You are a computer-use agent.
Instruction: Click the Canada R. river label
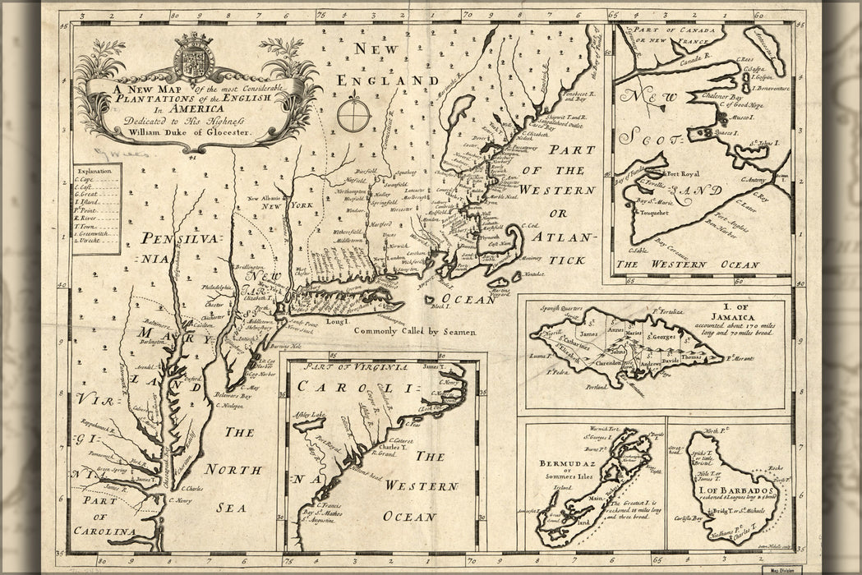click(x=685, y=61)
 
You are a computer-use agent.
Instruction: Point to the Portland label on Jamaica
click(x=590, y=384)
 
